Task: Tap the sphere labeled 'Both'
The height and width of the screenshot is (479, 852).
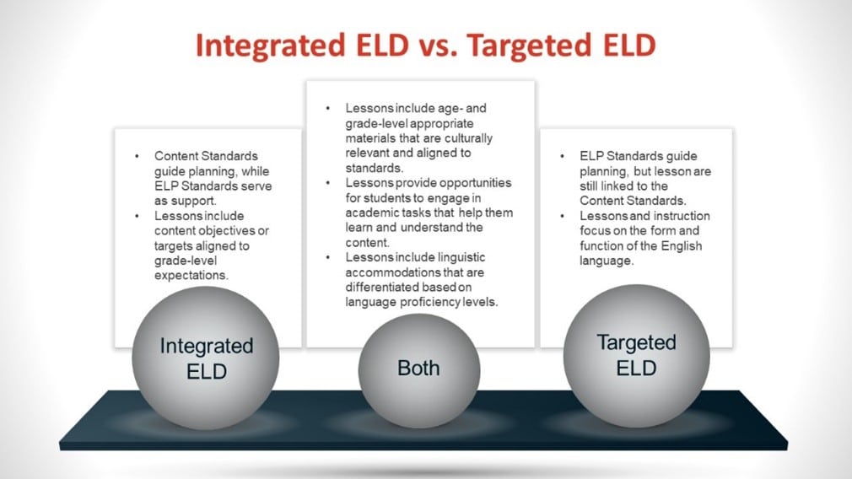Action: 418,368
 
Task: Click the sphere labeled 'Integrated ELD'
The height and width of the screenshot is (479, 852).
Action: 206,358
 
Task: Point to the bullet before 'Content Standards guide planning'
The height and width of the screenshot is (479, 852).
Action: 138,156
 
